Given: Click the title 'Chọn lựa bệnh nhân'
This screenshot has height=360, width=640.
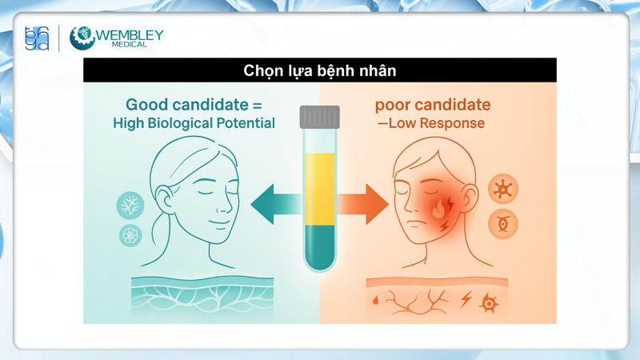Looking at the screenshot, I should point(319,70).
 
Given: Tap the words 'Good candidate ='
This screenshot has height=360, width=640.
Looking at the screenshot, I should point(194,105).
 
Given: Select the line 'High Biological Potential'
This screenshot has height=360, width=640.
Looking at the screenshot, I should point(194,123).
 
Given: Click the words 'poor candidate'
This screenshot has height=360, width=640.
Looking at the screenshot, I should point(433,105).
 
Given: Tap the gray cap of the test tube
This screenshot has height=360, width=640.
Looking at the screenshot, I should point(320,118).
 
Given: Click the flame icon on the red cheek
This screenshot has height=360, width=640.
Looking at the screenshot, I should point(439,210).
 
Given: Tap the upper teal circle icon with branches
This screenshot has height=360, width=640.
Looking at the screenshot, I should point(130,206).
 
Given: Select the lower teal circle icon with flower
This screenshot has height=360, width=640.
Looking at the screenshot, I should point(130,235).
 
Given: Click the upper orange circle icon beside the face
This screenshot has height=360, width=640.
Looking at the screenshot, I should point(503,190).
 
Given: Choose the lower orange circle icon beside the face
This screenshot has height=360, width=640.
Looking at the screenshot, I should point(503,224).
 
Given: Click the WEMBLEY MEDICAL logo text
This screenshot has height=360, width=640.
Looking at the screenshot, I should point(131,38).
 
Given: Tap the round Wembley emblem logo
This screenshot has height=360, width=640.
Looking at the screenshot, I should point(82,38).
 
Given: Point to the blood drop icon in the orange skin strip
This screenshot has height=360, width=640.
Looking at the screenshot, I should point(376,302).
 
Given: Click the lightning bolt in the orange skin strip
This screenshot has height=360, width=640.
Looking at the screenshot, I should point(466,300).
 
